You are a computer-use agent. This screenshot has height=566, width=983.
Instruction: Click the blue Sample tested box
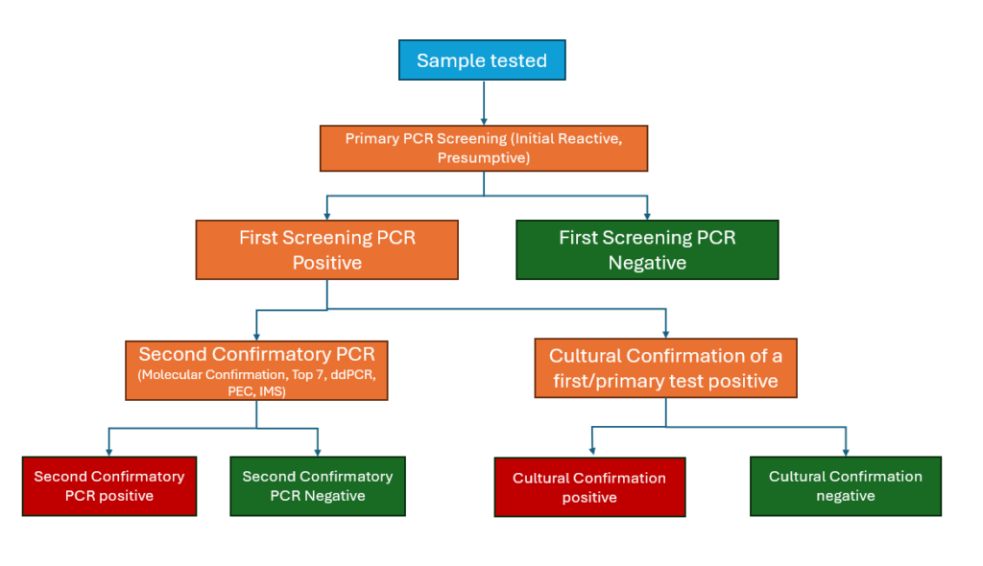coord(482,60)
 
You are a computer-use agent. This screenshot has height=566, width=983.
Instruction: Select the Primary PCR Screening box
coord(483,148)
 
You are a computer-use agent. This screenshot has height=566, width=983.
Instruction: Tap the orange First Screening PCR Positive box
coord(326,249)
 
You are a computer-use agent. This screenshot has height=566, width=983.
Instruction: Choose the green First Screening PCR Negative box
coord(647,249)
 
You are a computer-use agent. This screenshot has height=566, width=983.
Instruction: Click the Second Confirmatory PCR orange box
coord(256,369)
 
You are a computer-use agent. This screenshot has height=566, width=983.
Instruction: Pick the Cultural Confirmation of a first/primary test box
coord(665,368)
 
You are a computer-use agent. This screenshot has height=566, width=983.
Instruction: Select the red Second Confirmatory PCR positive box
coord(108,485)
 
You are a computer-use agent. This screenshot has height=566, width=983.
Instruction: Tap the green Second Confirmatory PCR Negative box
coord(317,485)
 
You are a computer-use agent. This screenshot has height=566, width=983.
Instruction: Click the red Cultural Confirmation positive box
coord(589,487)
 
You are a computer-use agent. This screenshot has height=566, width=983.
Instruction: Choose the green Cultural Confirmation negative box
coord(845,485)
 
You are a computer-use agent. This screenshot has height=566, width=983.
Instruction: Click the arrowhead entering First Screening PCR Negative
coord(648,213)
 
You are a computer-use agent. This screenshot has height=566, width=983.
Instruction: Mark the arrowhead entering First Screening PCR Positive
coord(327,213)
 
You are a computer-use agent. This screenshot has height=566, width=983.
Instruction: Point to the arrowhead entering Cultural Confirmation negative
coord(846,449)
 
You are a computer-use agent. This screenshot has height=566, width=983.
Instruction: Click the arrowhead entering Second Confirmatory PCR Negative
coord(318,449)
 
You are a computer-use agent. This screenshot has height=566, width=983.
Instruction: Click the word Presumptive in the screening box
coord(483,157)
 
